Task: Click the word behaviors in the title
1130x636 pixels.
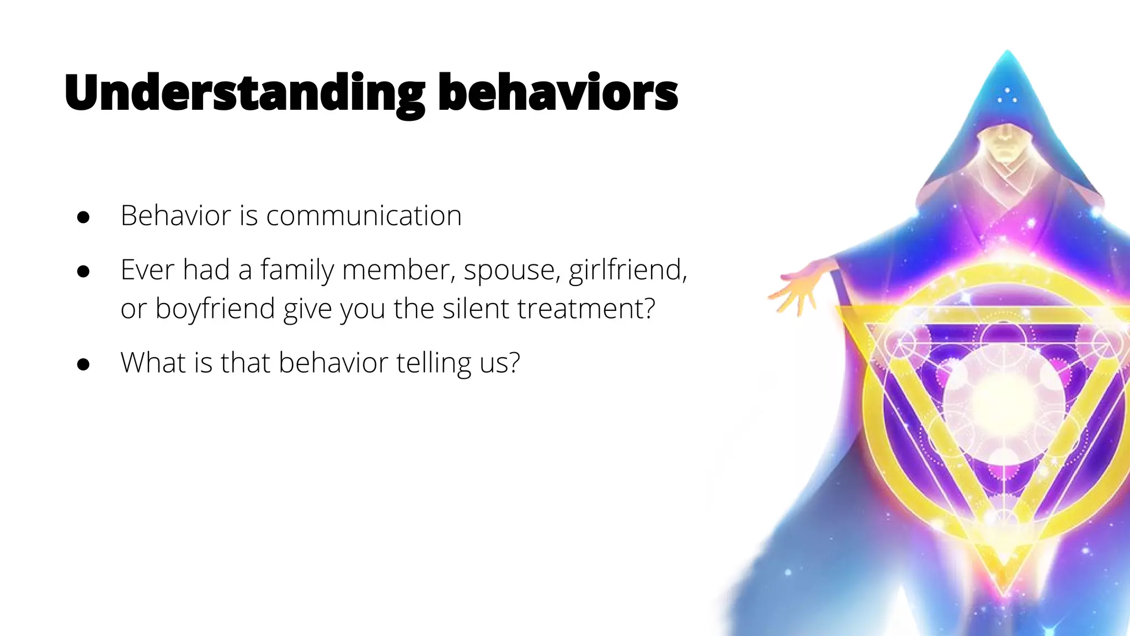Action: pyautogui.click(x=558, y=93)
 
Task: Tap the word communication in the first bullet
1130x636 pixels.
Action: pyautogui.click(x=364, y=215)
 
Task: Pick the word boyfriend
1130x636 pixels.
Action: pyautogui.click(x=215, y=308)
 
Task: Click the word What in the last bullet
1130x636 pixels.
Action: pyautogui.click(x=153, y=363)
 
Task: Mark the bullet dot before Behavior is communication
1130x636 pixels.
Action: pyautogui.click(x=83, y=217)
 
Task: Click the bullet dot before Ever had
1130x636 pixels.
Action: pyautogui.click(x=83, y=272)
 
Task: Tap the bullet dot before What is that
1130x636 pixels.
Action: pyautogui.click(x=83, y=364)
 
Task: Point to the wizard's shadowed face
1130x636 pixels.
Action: pyautogui.click(x=1005, y=141)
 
